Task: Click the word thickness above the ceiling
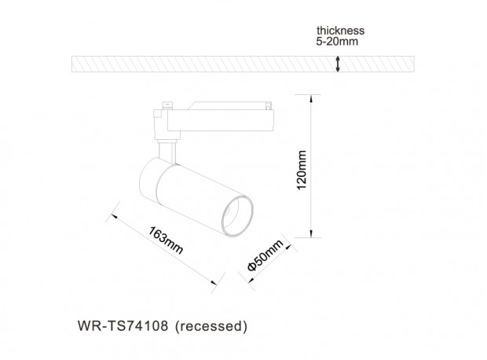340,31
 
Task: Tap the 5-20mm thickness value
337,42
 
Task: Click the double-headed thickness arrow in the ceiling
338,64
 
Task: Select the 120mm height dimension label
302,170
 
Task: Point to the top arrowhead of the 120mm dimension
311,99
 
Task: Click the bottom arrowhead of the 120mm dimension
311,233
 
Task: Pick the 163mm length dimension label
166,241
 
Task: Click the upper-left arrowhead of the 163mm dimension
115,215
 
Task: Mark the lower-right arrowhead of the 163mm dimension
214,282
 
